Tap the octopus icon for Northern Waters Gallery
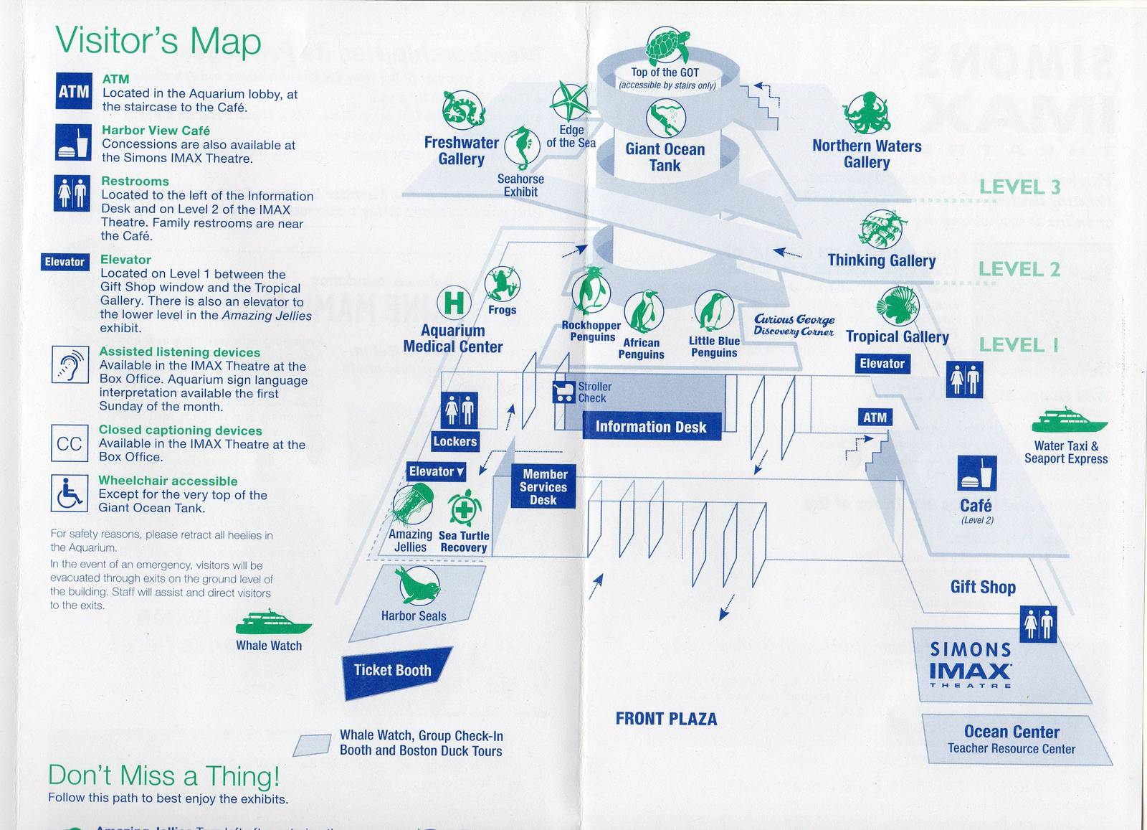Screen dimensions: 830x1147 (867, 114)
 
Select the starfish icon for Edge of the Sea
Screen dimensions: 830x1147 (571, 102)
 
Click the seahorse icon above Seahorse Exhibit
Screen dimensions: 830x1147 (523, 148)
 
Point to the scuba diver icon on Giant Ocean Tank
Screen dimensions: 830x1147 (666, 118)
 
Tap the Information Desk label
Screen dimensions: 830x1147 (651, 427)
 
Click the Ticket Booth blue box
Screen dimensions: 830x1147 (394, 671)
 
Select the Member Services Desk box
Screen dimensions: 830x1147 (543, 487)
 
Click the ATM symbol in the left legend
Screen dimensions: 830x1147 (74, 91)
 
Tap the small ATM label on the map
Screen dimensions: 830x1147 (875, 418)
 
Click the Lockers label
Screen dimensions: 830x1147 (454, 442)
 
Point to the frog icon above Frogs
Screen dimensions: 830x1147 (502, 284)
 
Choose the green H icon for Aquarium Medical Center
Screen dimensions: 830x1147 (454, 303)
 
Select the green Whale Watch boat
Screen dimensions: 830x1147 (273, 622)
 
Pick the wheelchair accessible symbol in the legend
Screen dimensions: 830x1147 (69, 493)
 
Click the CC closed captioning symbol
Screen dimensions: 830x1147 (69, 443)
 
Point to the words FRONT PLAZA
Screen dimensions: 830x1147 (666, 719)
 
